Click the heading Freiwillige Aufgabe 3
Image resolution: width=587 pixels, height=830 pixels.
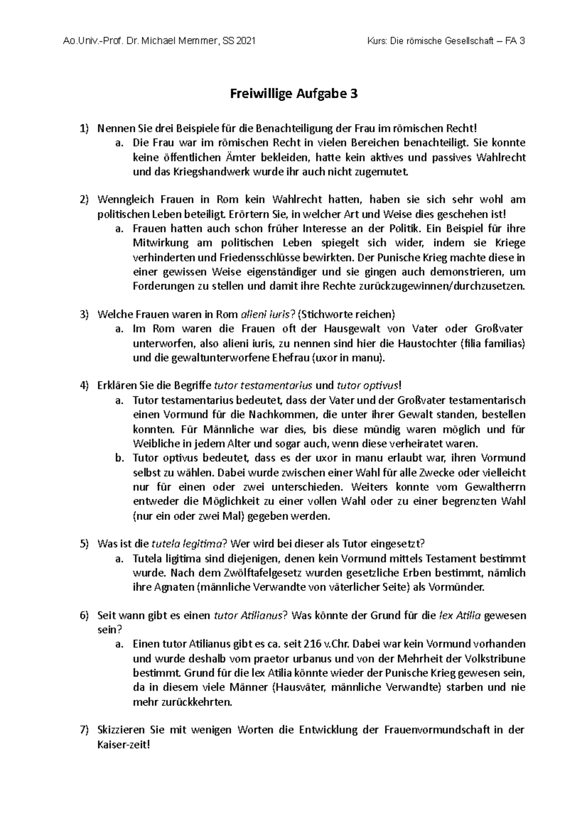click(294, 94)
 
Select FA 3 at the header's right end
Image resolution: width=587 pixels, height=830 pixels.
click(517, 42)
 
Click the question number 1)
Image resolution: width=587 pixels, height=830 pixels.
click(85, 129)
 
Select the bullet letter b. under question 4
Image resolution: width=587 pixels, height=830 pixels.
click(119, 458)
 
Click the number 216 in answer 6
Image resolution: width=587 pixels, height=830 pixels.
click(311, 644)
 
